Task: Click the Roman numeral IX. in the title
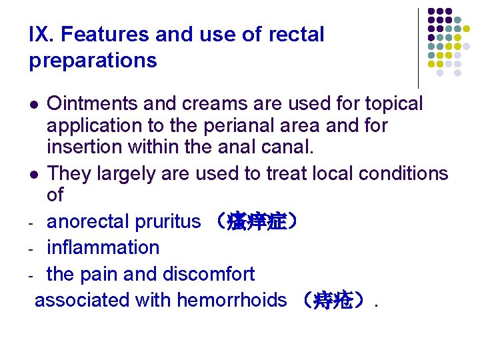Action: pos(41,35)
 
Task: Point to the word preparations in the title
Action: pos(93,61)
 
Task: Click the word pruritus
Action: pos(169,221)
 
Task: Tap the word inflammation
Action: pos(103,247)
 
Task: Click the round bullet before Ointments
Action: pos(35,105)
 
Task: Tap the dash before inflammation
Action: pos(32,249)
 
